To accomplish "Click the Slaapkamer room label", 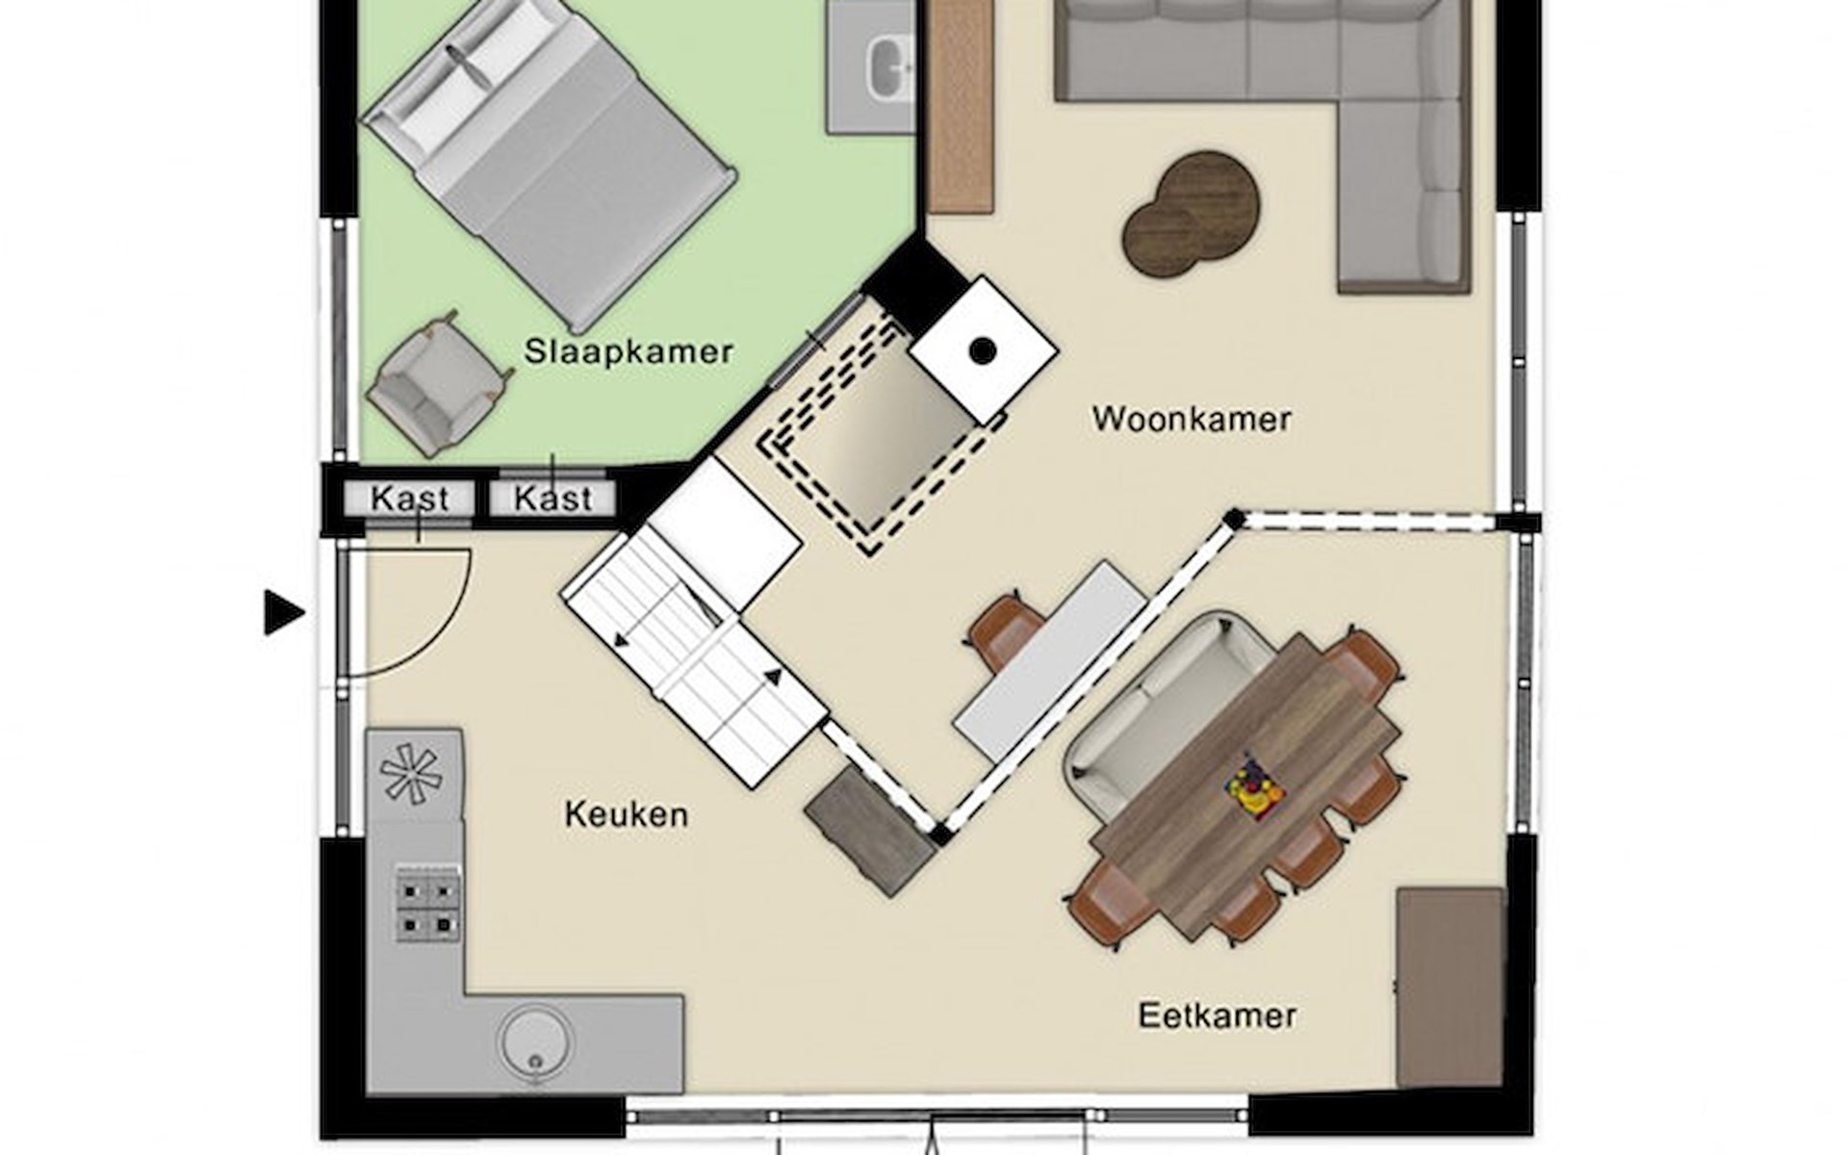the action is (629, 351).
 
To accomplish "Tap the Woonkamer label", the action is (1192, 420).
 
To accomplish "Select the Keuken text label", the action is (627, 815).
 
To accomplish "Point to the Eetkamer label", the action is (1218, 1015).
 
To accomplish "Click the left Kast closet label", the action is (410, 499).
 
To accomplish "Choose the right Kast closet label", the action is (552, 499).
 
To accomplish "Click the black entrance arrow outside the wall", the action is (284, 613).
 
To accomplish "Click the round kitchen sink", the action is (534, 1040).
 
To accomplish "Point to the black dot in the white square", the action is (982, 351).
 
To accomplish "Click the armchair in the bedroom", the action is (436, 383).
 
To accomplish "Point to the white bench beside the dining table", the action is (1050, 661).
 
